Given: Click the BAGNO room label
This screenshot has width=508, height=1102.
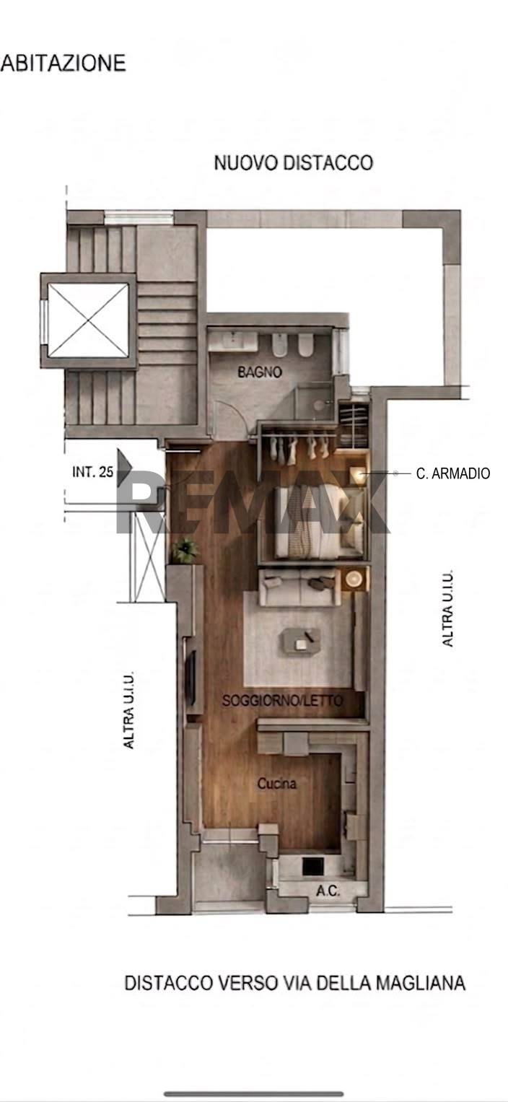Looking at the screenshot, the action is (x=260, y=372).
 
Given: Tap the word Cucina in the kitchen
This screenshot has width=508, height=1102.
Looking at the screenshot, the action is (x=277, y=783).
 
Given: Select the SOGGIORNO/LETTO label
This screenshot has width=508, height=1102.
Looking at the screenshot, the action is (x=282, y=700).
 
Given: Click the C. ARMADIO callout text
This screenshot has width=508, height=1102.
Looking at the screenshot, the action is (x=453, y=473).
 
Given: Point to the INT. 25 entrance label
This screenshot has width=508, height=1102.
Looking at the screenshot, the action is (x=92, y=472).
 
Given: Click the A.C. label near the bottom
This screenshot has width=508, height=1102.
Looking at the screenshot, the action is (x=328, y=891).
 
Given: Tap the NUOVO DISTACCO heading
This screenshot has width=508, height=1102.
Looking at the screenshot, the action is (x=294, y=163).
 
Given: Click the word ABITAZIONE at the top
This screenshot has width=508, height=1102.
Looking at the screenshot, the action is (x=63, y=64).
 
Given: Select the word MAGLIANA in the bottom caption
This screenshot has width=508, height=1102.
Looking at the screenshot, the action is (x=421, y=983).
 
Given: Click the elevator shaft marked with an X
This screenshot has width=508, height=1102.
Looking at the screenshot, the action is (x=89, y=320).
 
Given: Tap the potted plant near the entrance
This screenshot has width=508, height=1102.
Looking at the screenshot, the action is (x=185, y=551).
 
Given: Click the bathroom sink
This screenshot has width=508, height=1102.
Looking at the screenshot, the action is (x=232, y=341).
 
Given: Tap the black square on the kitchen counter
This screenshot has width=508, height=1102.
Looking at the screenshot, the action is (x=312, y=866).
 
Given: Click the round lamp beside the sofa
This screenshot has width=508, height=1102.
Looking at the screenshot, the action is (x=354, y=579).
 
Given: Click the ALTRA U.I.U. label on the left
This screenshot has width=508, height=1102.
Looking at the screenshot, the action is (x=128, y=710).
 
